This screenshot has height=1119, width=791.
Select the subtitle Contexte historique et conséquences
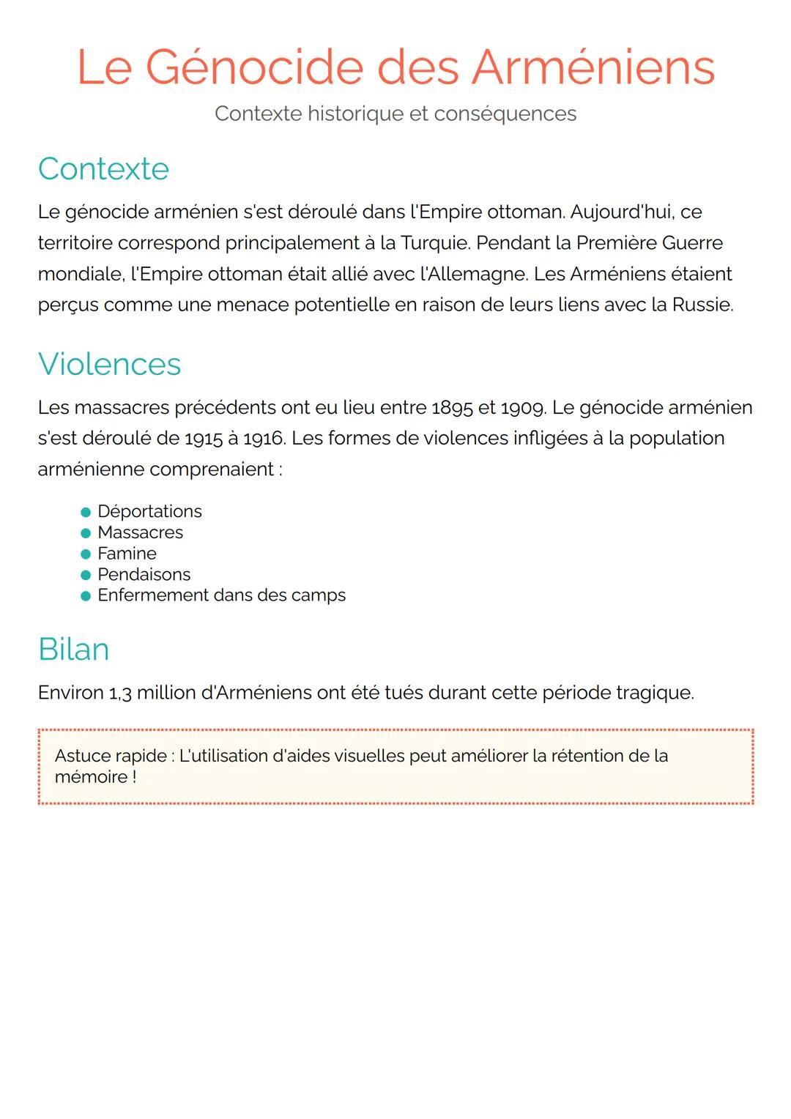coord(395,114)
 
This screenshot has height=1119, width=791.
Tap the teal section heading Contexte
coord(103,168)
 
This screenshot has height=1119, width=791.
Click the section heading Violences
coord(109,364)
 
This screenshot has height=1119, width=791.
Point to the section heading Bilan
coord(73,649)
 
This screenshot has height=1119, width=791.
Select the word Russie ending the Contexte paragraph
coord(702,305)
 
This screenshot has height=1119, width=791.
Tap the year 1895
coord(452,408)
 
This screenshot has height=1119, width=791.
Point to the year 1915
coord(203,439)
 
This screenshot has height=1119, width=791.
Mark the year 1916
coord(264,439)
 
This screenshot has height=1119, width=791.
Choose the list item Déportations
coord(149,511)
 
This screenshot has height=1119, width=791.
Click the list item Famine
coord(127,554)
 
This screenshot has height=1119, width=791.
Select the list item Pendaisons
coord(144,575)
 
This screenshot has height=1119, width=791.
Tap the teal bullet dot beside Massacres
coord(86,533)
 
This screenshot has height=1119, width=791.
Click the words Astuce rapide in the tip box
coord(111,756)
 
